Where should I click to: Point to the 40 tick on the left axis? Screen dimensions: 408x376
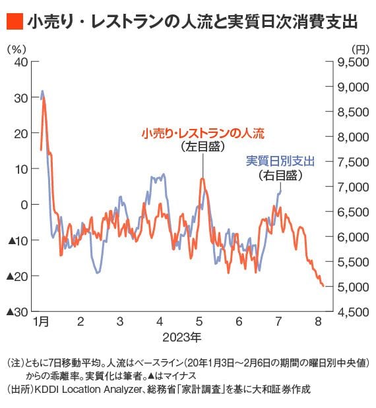(x=20, y=62)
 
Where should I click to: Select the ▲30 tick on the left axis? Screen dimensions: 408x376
(x=17, y=311)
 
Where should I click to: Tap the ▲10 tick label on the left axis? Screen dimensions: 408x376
(x=17, y=240)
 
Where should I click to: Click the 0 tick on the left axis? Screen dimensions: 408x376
(x=24, y=205)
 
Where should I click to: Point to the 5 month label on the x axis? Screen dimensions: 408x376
(x=199, y=323)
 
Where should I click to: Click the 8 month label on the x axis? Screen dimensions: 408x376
(x=318, y=323)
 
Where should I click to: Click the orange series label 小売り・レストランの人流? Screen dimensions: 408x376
(x=202, y=134)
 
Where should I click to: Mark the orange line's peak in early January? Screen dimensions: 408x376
(x=44, y=99)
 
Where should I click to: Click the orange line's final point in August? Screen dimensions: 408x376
(x=323, y=286)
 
